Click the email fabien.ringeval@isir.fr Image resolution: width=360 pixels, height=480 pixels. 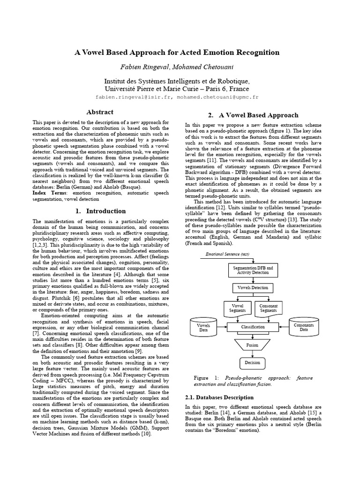[132, 97]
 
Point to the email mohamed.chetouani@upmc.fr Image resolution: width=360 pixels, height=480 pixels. [217, 97]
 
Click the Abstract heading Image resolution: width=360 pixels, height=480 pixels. [100, 112]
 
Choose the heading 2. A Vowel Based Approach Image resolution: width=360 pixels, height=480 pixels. [253, 115]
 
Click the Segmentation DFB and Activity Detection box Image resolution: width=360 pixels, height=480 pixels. [253, 270]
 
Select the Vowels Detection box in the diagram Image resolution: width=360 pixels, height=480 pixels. [253, 287]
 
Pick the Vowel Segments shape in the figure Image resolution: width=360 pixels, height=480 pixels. [237, 308]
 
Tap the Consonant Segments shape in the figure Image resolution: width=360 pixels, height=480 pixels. [268, 308]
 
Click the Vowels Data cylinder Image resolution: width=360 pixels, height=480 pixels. [203, 327]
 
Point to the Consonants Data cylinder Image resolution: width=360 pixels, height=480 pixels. [303, 327]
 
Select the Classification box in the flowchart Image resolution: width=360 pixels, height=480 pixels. [253, 327]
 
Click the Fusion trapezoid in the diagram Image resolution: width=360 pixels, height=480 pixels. [253, 345]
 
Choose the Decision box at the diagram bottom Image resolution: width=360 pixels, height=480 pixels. [253, 362]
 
